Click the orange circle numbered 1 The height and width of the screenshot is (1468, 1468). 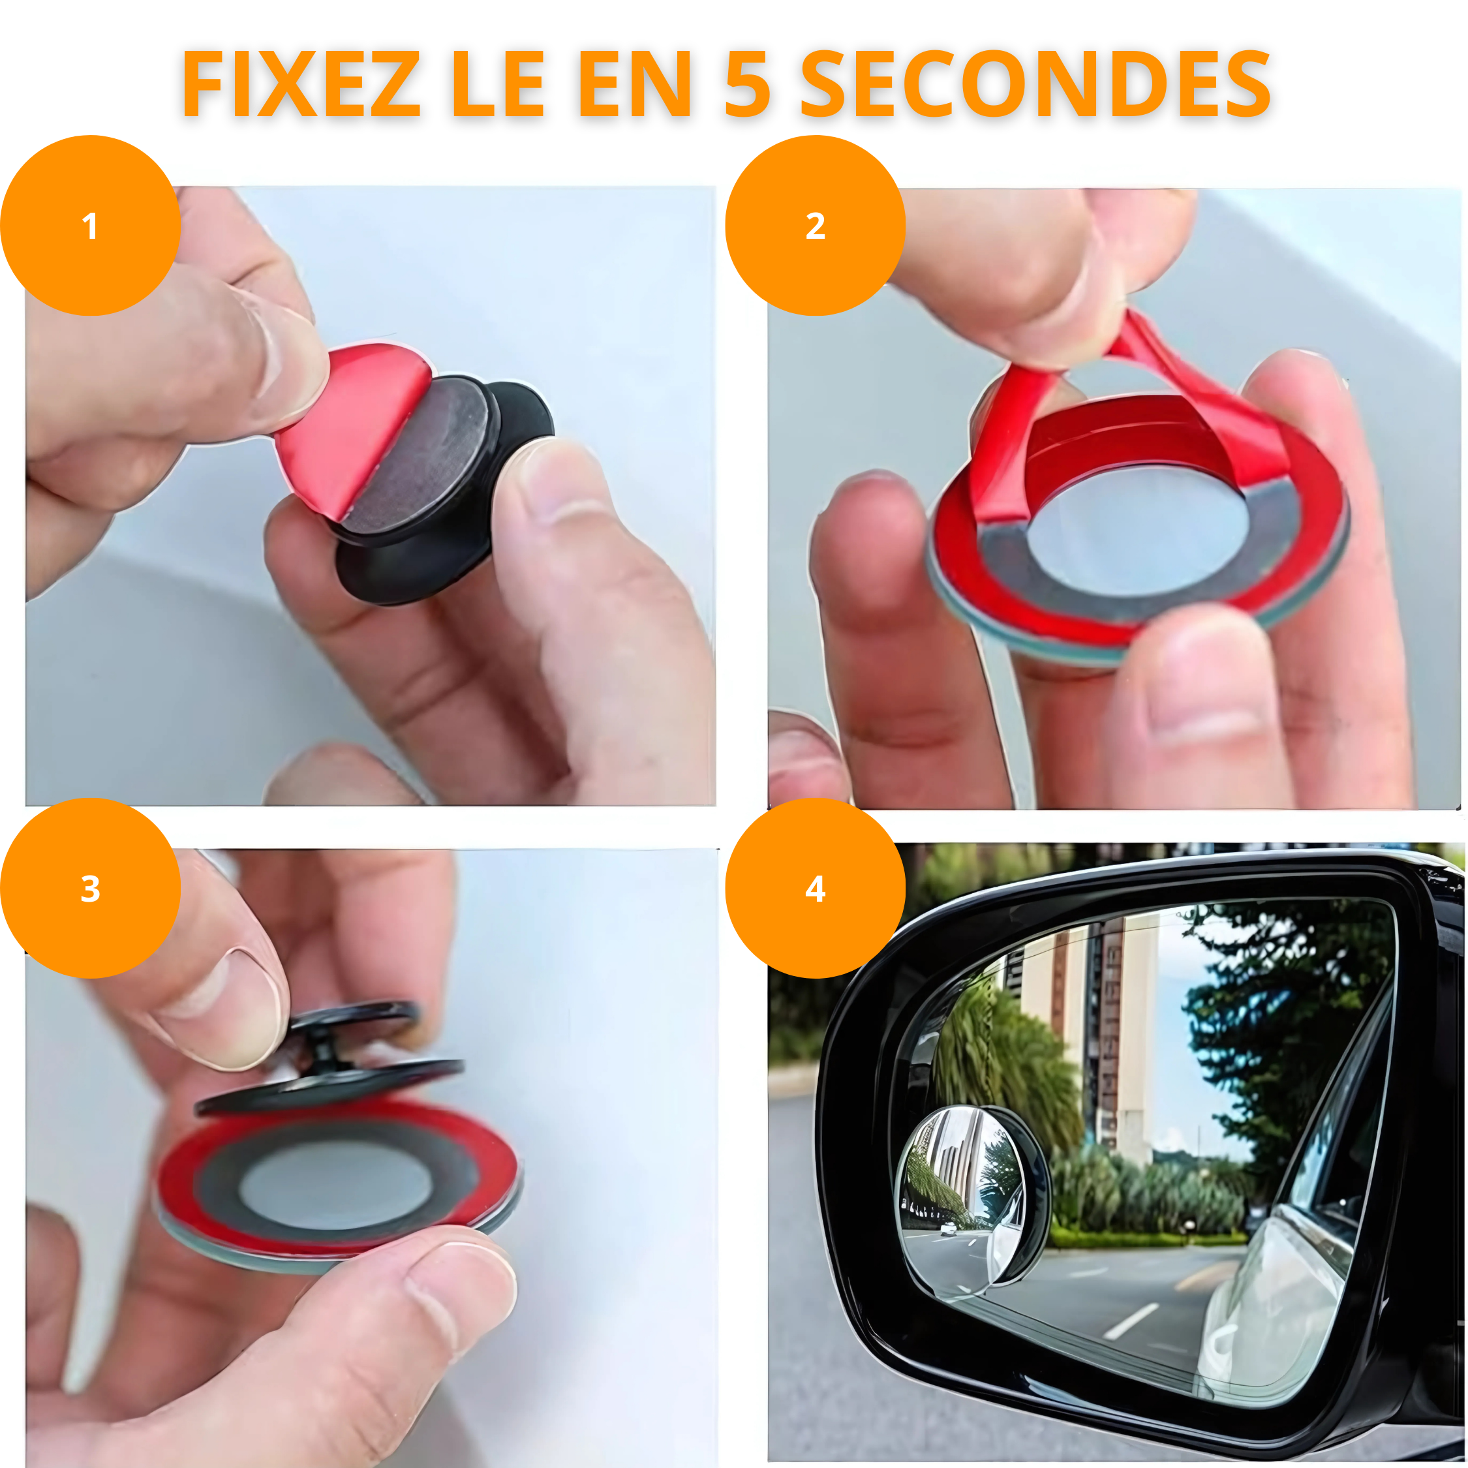point(89,226)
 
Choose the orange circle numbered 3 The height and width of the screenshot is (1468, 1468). point(89,887)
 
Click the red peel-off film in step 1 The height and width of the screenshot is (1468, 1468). point(346,425)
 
